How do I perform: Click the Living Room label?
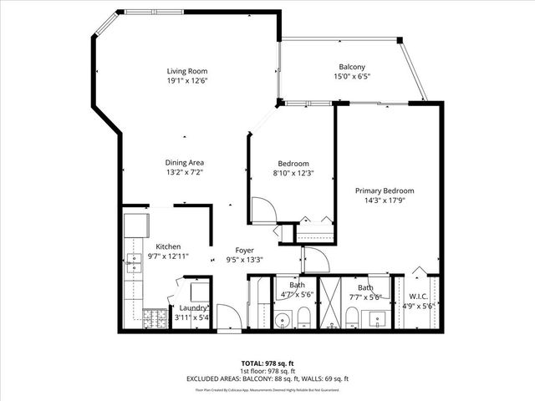click(186, 71)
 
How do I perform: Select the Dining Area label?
click(186, 162)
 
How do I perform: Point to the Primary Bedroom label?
click(384, 190)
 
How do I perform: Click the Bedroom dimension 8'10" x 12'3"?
click(293, 173)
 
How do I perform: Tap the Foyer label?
click(244, 250)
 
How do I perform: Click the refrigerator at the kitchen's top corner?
click(137, 225)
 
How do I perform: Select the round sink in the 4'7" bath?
click(283, 318)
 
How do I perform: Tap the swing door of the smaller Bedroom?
click(262, 209)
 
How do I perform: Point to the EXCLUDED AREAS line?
click(267, 378)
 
